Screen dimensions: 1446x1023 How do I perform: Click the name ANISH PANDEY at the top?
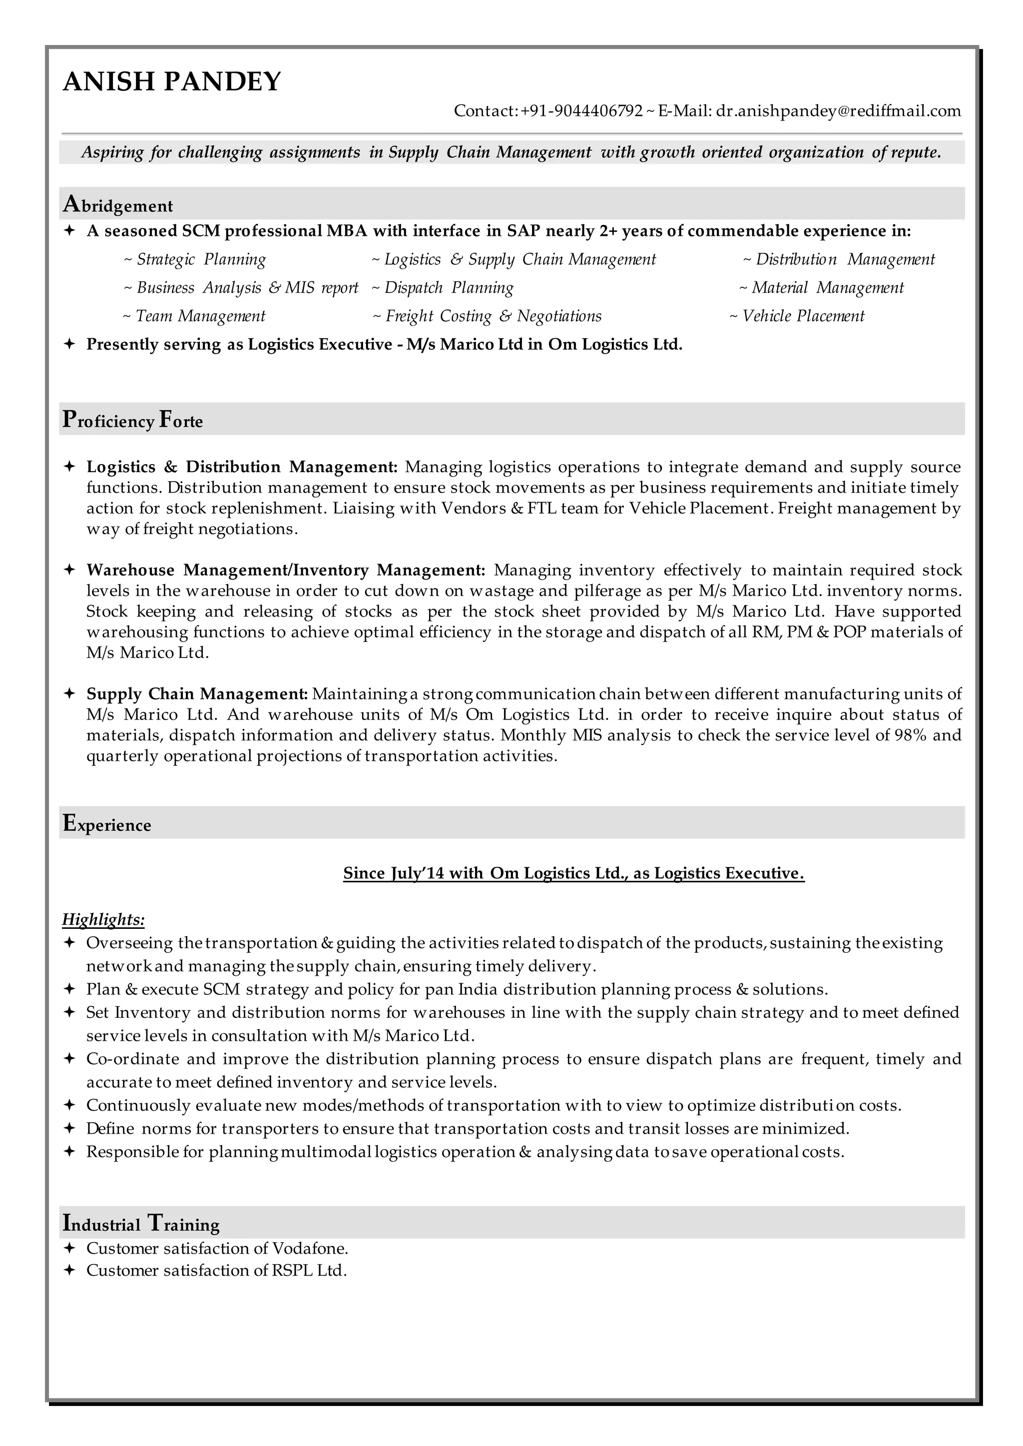click(x=171, y=82)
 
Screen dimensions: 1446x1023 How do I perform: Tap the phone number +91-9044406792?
click(x=581, y=111)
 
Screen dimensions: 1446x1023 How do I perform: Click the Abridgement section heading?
click(x=118, y=205)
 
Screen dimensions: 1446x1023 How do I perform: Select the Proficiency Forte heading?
click(x=133, y=420)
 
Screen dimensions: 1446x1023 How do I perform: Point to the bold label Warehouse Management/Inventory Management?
click(x=285, y=570)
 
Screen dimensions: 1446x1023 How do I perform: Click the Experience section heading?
click(x=107, y=824)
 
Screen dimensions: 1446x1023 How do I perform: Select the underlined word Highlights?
click(x=103, y=920)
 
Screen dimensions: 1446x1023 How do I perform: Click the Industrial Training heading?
click(x=141, y=1224)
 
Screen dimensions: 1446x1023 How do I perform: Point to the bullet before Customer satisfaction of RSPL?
click(x=70, y=1270)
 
